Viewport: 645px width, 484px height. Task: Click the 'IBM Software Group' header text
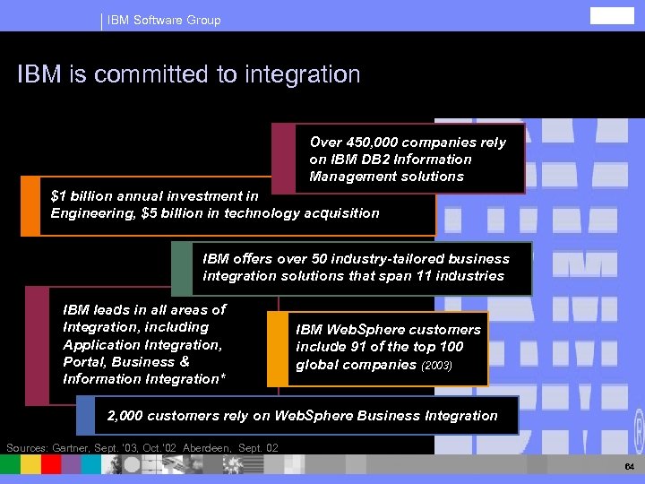tap(163, 20)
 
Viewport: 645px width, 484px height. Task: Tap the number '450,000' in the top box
tap(367, 143)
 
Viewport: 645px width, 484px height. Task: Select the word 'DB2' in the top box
tap(368, 160)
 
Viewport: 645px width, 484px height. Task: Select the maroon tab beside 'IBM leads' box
tap(37, 345)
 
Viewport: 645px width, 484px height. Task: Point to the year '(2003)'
tap(439, 366)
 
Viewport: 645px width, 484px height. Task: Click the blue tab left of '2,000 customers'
tap(85, 415)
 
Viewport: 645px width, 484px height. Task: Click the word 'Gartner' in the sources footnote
tap(80, 447)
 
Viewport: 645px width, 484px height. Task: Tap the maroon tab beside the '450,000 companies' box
tap(284, 159)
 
